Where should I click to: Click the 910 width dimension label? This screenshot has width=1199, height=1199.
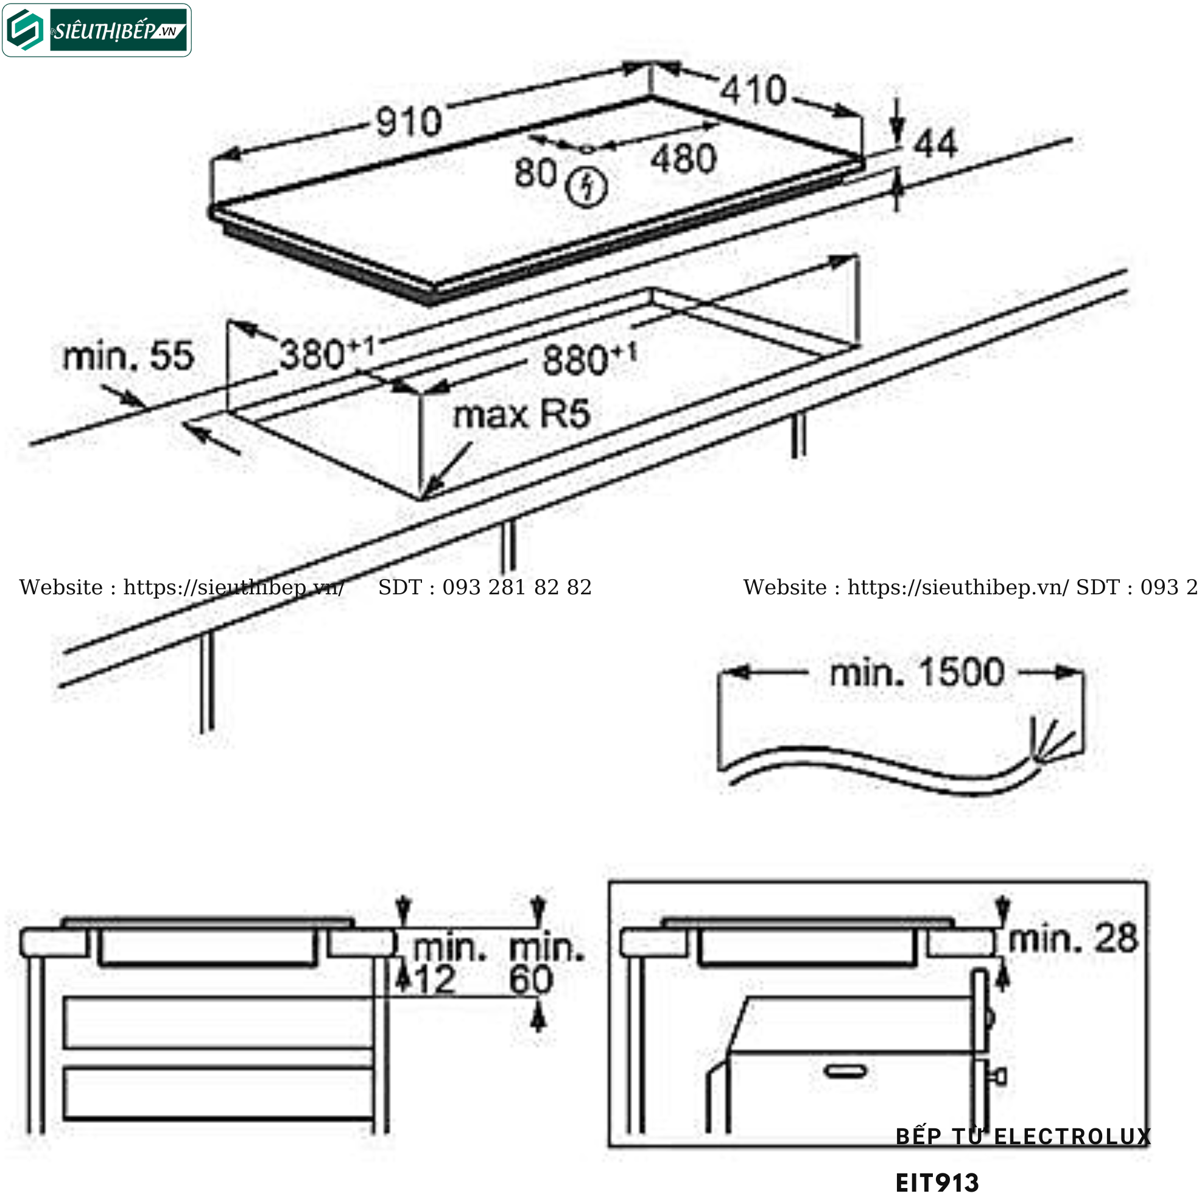[409, 122]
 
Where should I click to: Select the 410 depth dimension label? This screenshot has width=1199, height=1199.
[753, 91]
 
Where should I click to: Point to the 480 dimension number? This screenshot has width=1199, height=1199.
[683, 159]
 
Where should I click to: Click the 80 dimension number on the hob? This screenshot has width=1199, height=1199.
[535, 172]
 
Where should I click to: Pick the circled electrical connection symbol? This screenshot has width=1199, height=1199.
[586, 186]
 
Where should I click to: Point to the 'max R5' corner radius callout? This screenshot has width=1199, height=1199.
[521, 415]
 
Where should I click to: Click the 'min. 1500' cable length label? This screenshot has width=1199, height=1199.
[917, 672]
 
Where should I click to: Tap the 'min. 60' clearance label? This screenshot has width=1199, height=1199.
[546, 964]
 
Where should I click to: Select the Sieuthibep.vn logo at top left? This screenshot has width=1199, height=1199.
[97, 30]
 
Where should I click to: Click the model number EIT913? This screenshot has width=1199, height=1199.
[937, 1183]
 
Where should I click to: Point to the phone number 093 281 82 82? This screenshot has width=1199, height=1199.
[517, 587]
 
